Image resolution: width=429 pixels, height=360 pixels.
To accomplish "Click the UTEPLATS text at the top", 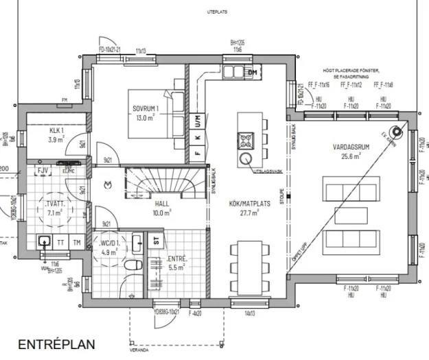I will [218, 12].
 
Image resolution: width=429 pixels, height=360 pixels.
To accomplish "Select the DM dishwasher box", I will [252, 72].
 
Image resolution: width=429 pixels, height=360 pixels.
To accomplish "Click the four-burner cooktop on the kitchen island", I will [246, 141].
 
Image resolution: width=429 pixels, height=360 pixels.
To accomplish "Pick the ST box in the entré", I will [156, 240].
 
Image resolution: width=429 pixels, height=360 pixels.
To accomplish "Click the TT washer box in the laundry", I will [62, 242].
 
